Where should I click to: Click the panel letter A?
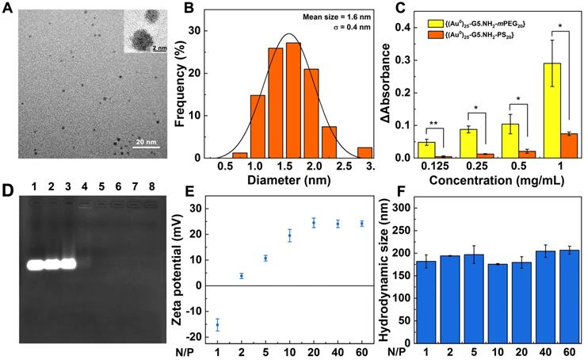(7, 9)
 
